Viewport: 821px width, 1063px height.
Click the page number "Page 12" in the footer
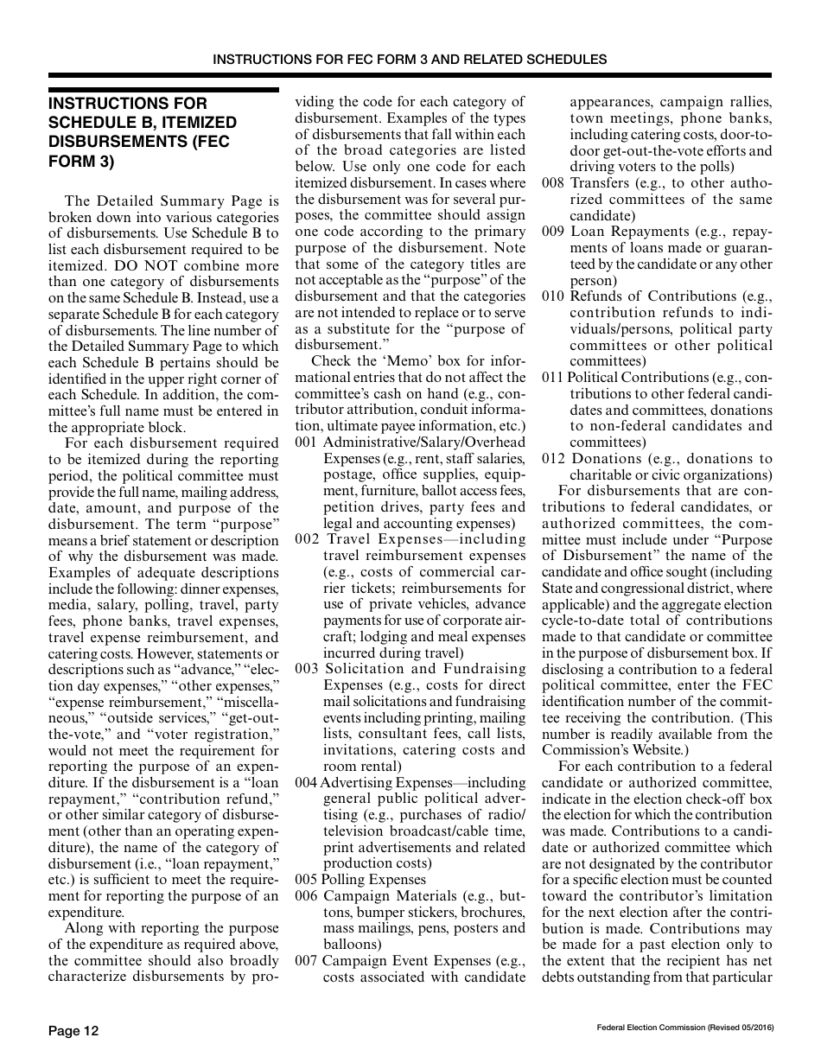point(73,1030)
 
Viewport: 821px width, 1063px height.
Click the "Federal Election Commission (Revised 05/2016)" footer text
point(684,1027)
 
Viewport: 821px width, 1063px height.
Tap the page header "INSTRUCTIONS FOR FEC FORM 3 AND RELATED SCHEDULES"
point(410,60)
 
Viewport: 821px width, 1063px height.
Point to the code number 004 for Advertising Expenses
point(306,782)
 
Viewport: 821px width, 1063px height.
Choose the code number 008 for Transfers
point(553,183)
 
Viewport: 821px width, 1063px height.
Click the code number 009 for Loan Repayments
point(553,232)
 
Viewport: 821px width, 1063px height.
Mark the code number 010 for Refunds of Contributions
point(553,296)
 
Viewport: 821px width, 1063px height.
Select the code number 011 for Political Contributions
point(553,378)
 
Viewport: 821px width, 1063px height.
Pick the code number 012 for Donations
point(553,459)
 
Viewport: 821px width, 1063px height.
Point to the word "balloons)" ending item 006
point(352,944)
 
